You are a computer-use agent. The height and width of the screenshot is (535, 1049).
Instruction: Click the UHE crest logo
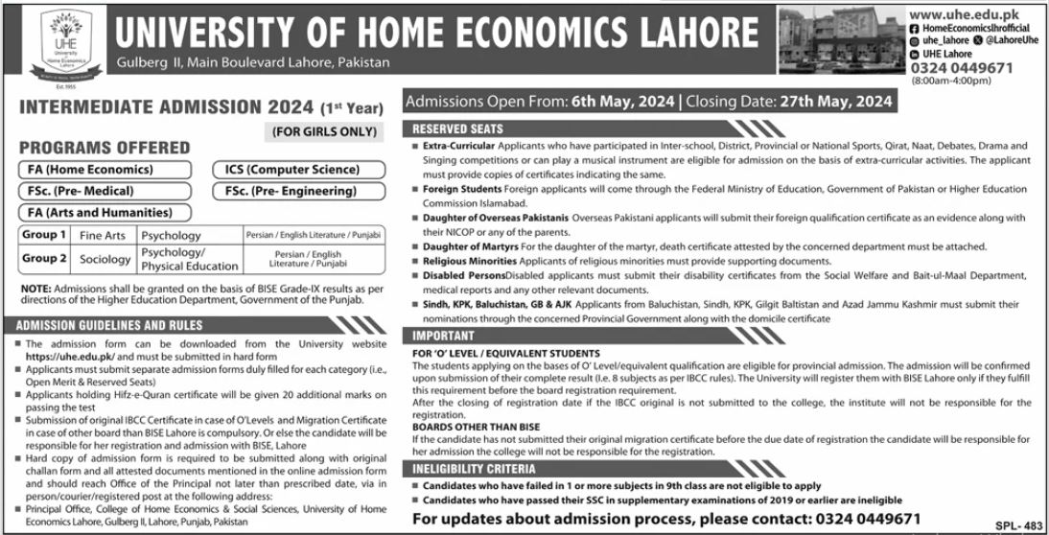[53, 49]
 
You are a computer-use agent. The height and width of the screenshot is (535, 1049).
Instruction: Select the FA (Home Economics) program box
[100, 170]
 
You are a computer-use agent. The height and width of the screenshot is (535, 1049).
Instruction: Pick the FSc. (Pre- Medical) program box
[100, 191]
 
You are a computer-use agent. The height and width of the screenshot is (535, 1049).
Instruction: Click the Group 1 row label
[45, 235]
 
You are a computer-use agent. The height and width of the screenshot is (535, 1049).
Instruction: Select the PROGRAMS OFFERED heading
[105, 148]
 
